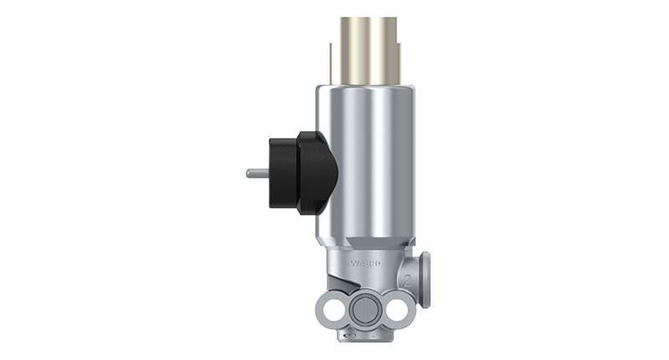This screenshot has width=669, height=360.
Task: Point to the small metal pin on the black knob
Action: pyautogui.click(x=256, y=174)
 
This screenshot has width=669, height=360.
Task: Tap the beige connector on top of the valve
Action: pyautogui.click(x=368, y=50)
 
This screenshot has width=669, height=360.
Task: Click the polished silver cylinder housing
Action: pyautogui.click(x=368, y=159)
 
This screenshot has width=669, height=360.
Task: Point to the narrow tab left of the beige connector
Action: pyautogui.click(x=334, y=63)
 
